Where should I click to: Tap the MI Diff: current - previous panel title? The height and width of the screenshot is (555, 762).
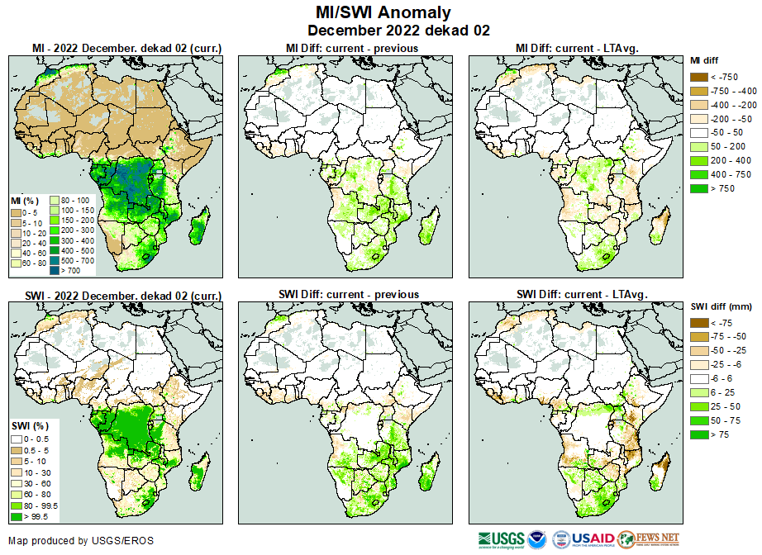pyautogui.click(x=352, y=49)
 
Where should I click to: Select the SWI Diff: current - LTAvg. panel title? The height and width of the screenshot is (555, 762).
pyautogui.click(x=581, y=294)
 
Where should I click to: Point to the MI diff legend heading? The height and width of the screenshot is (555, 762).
pyautogui.click(x=708, y=60)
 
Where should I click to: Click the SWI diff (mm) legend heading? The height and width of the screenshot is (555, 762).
pyautogui.click(x=719, y=307)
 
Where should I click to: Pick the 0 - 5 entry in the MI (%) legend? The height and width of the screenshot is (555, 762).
pyautogui.click(x=28, y=213)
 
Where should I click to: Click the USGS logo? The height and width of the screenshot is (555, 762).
pyautogui.click(x=500, y=539)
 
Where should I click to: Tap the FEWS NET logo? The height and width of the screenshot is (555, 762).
pyautogui.click(x=650, y=539)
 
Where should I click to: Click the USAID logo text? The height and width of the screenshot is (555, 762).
pyautogui.click(x=593, y=539)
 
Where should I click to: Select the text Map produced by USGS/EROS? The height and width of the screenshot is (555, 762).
pyautogui.click(x=81, y=541)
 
